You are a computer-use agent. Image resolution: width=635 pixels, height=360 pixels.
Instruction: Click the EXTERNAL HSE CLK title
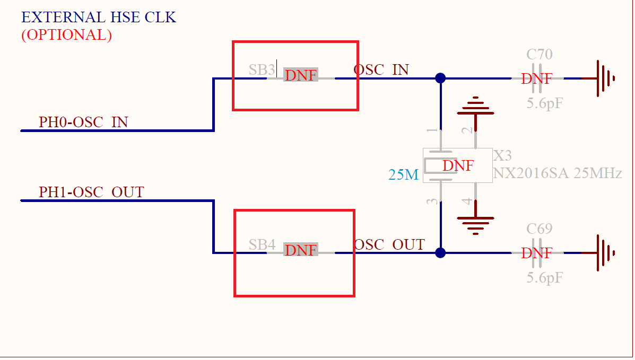click(x=98, y=17)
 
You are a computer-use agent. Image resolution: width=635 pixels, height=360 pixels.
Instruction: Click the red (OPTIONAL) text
click(x=66, y=35)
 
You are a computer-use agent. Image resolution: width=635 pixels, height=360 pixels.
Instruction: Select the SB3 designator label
click(x=262, y=69)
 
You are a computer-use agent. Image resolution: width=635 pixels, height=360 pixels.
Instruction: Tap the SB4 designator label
click(x=262, y=245)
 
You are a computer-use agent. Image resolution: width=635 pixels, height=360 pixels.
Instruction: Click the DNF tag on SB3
click(x=301, y=75)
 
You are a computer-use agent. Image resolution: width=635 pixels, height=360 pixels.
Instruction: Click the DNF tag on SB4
click(x=301, y=250)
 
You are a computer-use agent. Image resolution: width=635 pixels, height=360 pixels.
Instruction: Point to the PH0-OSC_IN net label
click(x=83, y=122)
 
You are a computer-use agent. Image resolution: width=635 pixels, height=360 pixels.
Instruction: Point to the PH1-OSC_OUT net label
click(x=91, y=192)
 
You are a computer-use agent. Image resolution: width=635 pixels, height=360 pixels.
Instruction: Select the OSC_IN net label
click(x=381, y=69)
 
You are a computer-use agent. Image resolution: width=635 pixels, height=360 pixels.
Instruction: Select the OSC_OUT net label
click(x=389, y=245)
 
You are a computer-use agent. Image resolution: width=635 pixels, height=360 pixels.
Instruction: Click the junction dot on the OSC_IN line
click(x=440, y=78)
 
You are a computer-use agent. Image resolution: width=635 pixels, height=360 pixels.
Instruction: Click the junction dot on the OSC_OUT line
click(x=440, y=253)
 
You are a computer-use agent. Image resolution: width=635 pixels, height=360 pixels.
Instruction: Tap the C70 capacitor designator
click(x=539, y=54)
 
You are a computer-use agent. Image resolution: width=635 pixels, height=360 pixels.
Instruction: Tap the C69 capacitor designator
click(x=539, y=229)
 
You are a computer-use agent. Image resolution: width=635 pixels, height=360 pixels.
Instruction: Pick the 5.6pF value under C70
click(x=544, y=103)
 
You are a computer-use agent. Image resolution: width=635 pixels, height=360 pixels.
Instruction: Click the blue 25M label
click(x=404, y=174)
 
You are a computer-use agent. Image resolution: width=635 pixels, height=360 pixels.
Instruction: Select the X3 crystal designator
click(x=502, y=156)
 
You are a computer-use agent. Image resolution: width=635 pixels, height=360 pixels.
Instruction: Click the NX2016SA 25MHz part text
click(x=557, y=173)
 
